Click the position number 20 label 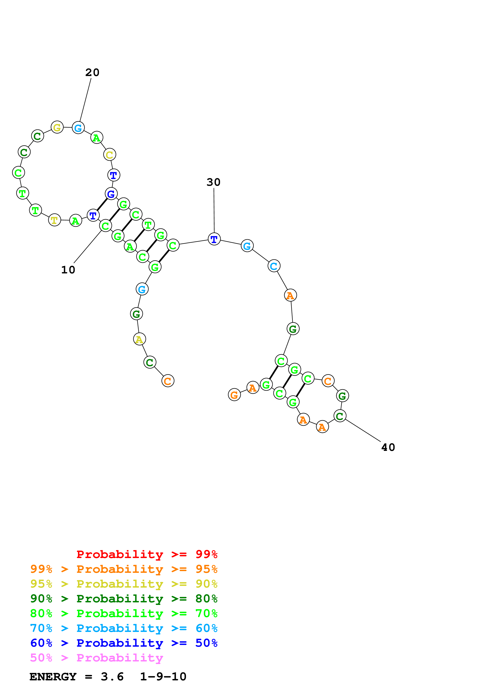pos(92,72)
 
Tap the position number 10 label pos(68,270)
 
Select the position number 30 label pos(213,182)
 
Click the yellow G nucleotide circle pos(57,127)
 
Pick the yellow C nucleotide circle pos(109,155)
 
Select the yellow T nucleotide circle pos(54,220)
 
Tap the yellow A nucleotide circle pos(139,339)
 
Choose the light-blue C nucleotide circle pos(274,266)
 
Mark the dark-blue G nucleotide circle pos(111,194)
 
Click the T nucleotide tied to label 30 pos(214,239)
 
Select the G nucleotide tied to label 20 pos(78,128)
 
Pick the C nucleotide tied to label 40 pos(340,416)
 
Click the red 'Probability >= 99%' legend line pos(147,554)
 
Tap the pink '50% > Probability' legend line pos(96,658)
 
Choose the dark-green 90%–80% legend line pos(124,599)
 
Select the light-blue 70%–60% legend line pos(124,628)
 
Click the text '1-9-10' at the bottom pos(163,677)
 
